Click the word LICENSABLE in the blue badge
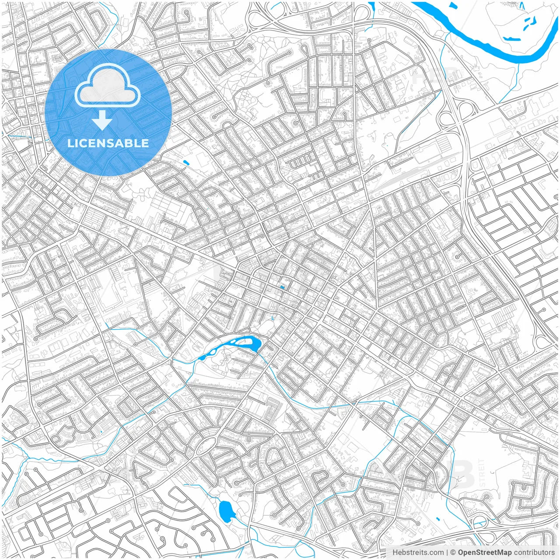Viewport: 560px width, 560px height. [108, 143]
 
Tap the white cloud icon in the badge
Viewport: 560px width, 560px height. [108, 86]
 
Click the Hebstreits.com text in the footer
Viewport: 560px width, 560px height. [417, 553]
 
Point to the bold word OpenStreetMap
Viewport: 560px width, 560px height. [484, 553]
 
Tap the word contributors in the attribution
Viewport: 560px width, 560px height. [534, 553]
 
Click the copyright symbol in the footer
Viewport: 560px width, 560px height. [453, 553]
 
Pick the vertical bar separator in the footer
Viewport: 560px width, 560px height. [447, 553]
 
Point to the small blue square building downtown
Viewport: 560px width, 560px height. [282, 287]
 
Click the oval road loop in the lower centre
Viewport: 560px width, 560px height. [205, 446]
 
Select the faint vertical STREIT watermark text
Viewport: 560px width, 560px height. [482, 473]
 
